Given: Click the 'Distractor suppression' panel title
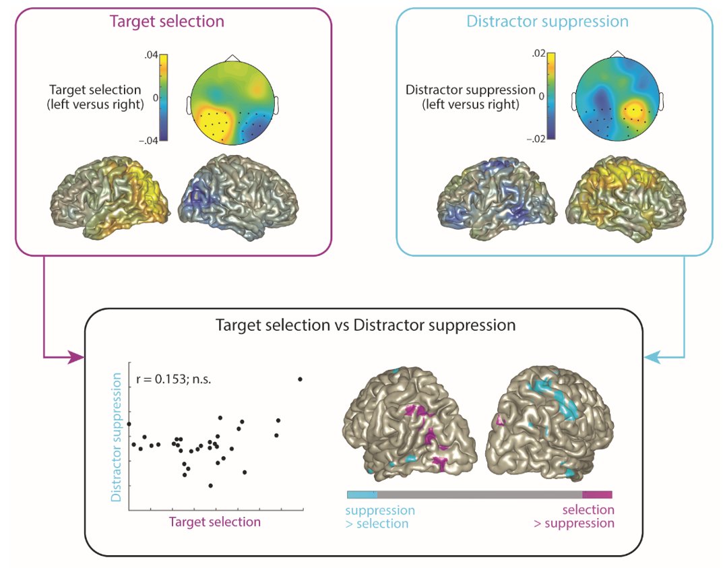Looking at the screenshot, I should (x=547, y=21).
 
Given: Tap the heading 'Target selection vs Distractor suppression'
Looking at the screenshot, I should (x=365, y=325).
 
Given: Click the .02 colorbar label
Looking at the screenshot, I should (x=537, y=54).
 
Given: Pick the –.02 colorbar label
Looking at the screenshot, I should (x=535, y=139).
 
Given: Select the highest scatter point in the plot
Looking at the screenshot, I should (x=300, y=379).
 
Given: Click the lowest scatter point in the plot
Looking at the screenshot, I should (x=211, y=485).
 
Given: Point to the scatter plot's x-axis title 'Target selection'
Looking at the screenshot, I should (x=214, y=522).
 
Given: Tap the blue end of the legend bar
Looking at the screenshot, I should (x=362, y=495).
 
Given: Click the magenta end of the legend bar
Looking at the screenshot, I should (x=597, y=495).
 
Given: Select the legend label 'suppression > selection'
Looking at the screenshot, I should (x=379, y=517).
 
